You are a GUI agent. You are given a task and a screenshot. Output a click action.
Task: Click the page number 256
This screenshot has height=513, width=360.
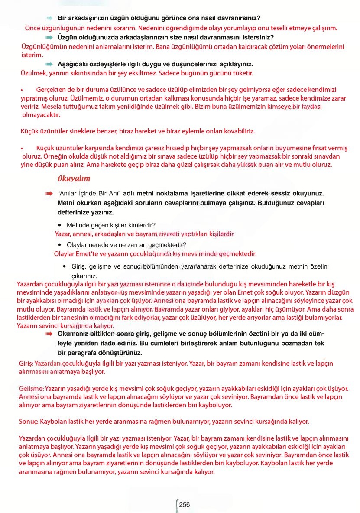185,504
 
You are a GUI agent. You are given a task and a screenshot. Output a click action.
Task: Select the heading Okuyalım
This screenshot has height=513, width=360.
74,179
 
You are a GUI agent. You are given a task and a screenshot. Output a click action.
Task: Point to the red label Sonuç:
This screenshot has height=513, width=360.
29,421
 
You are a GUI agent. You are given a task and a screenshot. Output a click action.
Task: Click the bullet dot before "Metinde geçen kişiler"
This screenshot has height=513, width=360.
60,225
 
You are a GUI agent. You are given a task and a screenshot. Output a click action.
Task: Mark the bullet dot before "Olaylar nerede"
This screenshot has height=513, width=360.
60,245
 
